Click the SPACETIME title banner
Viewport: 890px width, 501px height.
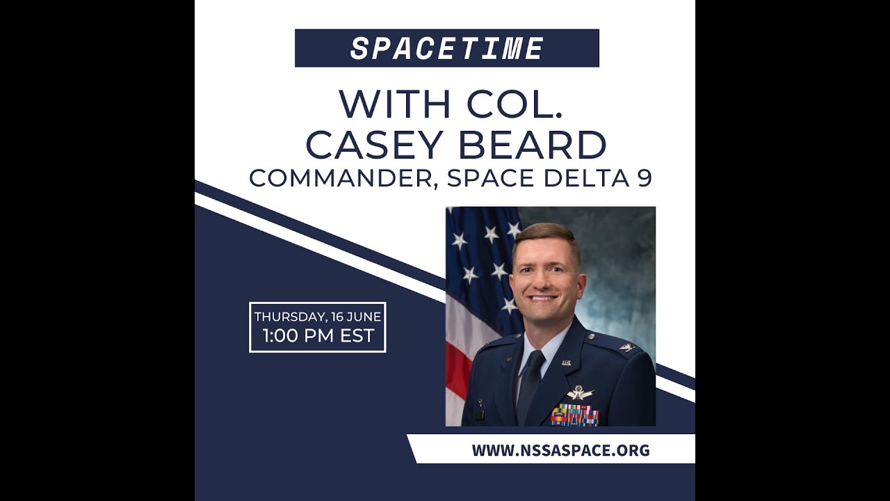point(446,48)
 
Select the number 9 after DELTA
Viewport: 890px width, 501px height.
point(644,178)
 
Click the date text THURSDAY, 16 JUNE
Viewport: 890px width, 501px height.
point(317,317)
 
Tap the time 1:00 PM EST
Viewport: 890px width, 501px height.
point(318,337)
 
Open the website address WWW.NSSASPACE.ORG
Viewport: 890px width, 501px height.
point(560,450)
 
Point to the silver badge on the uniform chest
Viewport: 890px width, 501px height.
point(580,393)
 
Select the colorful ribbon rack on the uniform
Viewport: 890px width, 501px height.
point(574,415)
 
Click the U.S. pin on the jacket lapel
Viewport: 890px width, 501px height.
point(566,363)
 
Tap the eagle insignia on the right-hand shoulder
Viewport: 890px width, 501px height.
point(626,347)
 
